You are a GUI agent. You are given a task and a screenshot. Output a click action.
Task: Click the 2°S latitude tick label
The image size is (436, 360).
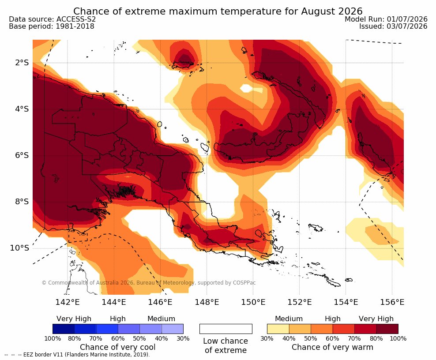22,63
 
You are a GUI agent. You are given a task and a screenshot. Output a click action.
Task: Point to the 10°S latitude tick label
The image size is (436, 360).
19,248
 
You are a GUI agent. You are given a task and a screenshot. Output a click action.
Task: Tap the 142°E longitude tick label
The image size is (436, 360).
68,302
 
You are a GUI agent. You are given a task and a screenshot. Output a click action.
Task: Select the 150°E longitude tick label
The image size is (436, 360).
253,302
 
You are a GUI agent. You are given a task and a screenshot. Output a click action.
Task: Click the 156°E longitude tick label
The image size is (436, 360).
392,302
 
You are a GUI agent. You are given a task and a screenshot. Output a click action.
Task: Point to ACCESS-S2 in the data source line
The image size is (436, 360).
76,19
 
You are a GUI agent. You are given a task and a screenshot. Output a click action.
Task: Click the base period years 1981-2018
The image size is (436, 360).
75,26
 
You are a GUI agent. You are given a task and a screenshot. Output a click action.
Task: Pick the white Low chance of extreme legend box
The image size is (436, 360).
226,329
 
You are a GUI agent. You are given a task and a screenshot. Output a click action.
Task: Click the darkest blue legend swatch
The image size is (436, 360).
64,329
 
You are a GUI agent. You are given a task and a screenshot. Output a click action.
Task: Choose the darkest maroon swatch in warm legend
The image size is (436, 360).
387,329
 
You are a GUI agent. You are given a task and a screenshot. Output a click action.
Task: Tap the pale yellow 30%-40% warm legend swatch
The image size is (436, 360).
278,329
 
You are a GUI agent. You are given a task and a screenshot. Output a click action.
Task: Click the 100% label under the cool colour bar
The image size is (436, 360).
53,338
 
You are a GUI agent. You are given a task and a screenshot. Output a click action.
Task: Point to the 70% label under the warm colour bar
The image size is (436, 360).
354,338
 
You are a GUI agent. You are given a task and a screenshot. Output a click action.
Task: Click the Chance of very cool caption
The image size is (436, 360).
118,347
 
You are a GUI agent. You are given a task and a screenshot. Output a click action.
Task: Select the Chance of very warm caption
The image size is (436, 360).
332,347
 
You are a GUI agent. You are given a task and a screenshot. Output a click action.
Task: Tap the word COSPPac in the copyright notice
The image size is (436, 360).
244,283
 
